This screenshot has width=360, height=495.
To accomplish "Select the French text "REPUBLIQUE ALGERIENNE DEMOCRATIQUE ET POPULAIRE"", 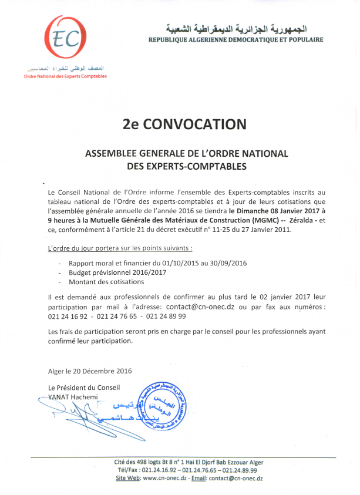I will point(236,39).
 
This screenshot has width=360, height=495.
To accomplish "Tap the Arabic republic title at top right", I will point(237,28).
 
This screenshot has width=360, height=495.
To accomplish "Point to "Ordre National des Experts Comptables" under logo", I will point(65,76).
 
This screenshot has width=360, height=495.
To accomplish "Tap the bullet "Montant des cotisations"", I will point(106,282).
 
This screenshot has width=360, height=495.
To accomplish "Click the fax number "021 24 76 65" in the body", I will point(117,316).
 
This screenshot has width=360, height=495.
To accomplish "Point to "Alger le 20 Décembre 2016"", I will point(90,371).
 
